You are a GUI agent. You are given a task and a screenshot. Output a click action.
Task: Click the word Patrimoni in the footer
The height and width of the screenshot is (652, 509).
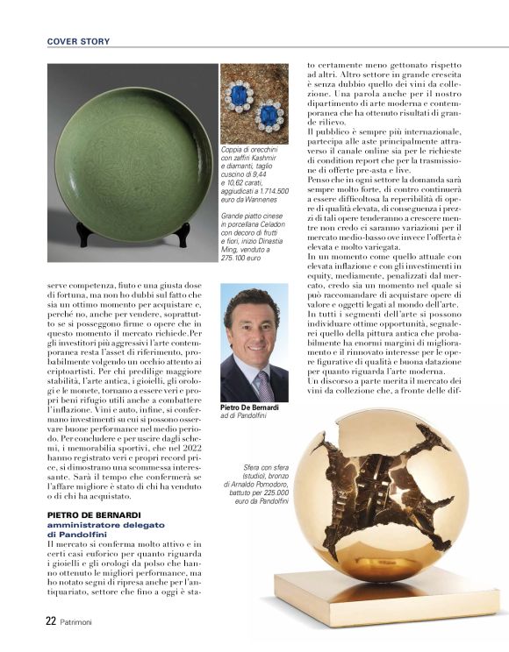point(81,620)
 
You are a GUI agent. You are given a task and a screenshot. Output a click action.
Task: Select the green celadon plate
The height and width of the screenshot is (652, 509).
point(132,158)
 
